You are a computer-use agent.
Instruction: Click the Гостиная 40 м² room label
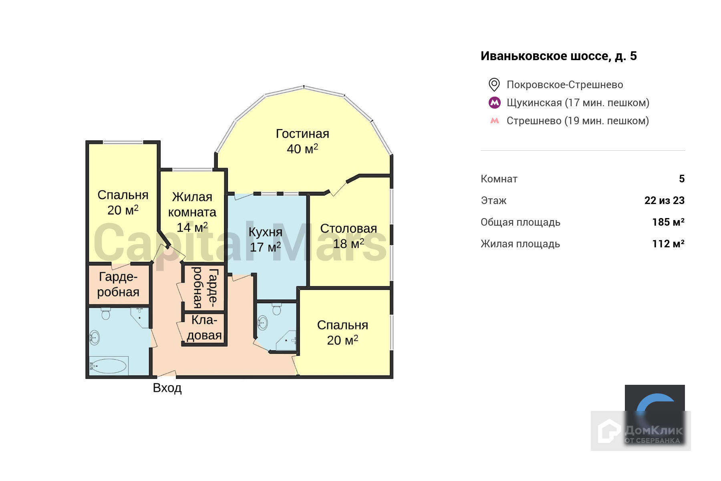(x=302, y=141)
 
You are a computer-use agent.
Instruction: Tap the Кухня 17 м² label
(x=265, y=239)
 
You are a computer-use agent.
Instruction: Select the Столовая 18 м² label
(x=348, y=236)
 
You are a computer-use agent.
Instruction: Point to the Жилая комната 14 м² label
(x=192, y=212)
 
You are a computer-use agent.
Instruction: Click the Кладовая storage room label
(x=204, y=327)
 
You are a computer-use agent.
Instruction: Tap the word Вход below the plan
(x=167, y=388)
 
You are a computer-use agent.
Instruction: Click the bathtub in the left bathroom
(x=108, y=366)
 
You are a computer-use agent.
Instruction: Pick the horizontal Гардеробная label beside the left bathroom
(x=118, y=284)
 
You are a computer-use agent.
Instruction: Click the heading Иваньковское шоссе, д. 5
(x=558, y=56)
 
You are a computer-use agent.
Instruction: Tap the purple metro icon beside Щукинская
(x=495, y=103)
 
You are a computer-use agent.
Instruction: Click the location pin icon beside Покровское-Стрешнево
(x=494, y=85)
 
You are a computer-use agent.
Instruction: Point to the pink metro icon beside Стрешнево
(x=495, y=121)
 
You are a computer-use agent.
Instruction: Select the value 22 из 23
(x=664, y=200)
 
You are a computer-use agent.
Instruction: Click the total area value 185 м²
(x=668, y=222)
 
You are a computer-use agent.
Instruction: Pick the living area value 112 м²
(x=668, y=244)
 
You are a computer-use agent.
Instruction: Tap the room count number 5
(x=682, y=179)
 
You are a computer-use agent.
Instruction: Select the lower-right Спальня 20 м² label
(x=342, y=332)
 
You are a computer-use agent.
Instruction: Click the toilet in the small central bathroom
(x=276, y=309)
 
